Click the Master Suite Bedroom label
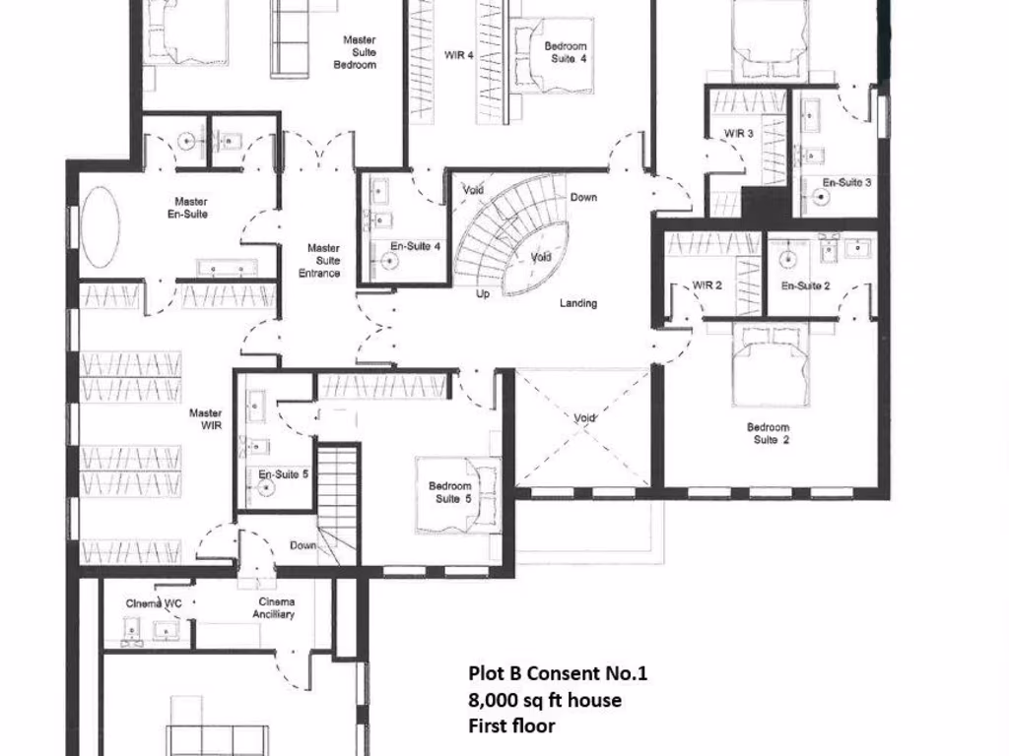click(x=360, y=52)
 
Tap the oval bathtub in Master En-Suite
click(x=100, y=226)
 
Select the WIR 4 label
click(x=459, y=56)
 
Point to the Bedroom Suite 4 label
click(x=568, y=52)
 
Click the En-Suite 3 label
click(x=846, y=183)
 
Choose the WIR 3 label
click(x=739, y=133)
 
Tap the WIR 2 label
click(x=707, y=285)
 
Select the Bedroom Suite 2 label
click(x=768, y=434)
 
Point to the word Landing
click(x=578, y=303)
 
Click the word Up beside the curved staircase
click(x=483, y=293)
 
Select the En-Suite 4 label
click(x=415, y=247)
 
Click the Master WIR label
click(x=205, y=419)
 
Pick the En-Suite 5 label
click(x=284, y=474)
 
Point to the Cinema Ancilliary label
click(x=277, y=608)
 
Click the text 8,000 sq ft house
click(x=544, y=700)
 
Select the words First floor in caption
click(x=511, y=726)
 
